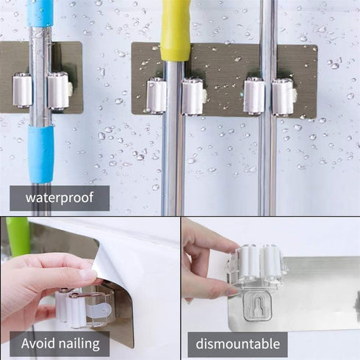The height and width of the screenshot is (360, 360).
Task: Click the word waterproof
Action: [x=59, y=198]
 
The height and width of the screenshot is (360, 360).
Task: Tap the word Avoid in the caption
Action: [x=39, y=343]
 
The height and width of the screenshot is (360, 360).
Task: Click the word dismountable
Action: [x=237, y=343]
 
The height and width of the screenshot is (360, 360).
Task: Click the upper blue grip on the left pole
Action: [x=40, y=13]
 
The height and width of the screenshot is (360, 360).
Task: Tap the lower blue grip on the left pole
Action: [x=41, y=154]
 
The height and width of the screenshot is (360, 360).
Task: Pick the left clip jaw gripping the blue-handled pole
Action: [x=23, y=90]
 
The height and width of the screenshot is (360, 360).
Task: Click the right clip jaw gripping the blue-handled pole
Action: [x=58, y=90]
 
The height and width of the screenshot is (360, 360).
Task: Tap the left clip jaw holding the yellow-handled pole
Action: [x=156, y=96]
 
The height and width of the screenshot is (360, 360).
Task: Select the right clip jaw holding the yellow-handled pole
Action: [x=194, y=96]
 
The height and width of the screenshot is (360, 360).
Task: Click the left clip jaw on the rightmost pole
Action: [x=254, y=96]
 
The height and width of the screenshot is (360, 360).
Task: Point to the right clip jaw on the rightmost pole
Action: [x=283, y=96]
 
